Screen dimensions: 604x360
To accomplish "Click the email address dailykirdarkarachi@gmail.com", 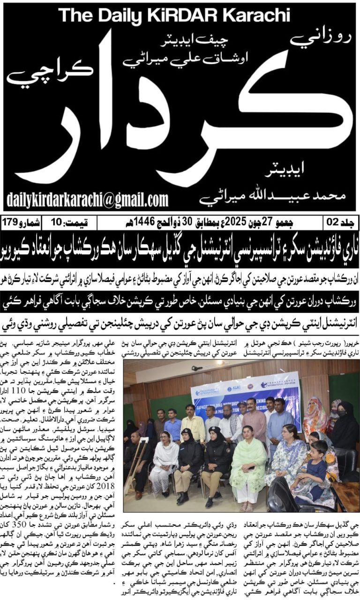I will click(87, 198).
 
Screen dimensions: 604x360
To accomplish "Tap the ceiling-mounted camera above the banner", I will click(197, 368).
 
